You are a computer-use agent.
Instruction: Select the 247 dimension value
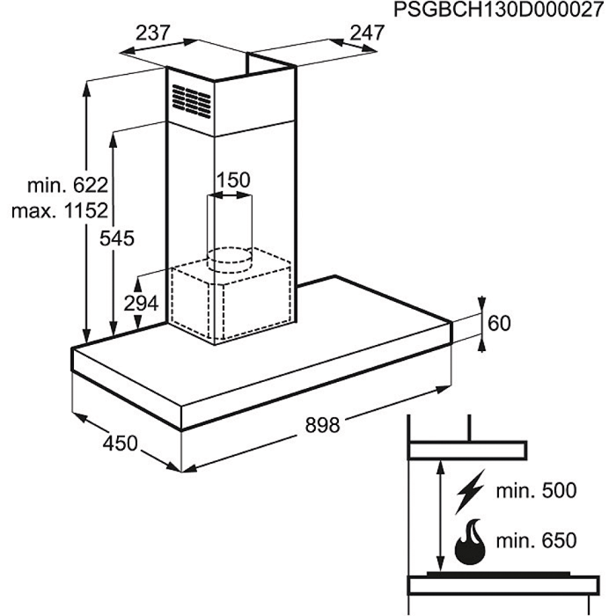click(367, 33)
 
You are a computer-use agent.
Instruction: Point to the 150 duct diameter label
click(233, 180)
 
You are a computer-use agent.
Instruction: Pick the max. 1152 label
click(60, 211)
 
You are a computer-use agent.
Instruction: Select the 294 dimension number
click(141, 304)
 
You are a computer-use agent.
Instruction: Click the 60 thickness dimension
click(499, 324)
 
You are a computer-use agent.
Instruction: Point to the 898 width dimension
click(321, 425)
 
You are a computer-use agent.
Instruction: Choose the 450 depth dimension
click(120, 444)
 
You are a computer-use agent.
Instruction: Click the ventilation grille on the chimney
click(192, 99)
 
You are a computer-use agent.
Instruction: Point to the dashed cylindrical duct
click(228, 229)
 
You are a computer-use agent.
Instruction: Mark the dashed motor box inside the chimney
click(231, 299)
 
